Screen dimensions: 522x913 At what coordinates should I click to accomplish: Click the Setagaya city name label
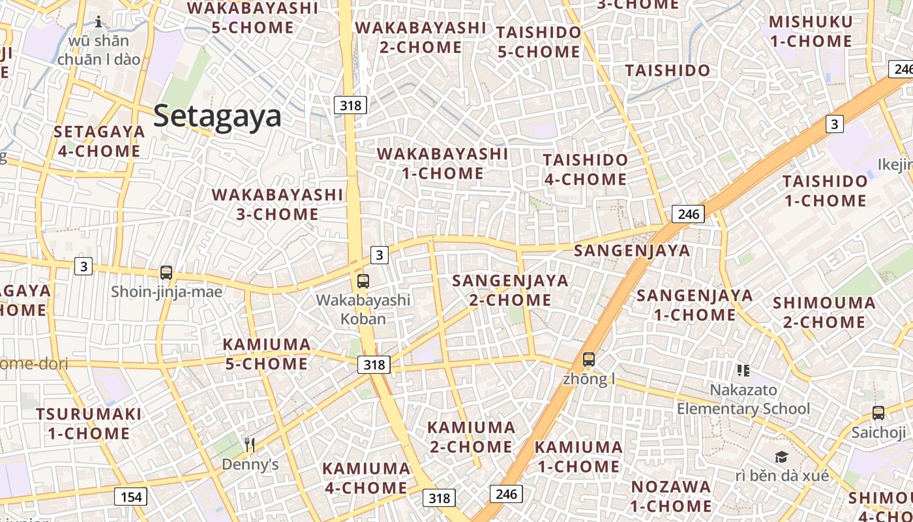click(217, 116)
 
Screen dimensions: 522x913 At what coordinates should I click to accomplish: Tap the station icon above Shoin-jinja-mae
click(166, 273)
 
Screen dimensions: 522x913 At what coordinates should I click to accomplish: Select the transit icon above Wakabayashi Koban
click(363, 281)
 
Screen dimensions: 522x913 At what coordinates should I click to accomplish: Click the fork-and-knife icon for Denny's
click(250, 445)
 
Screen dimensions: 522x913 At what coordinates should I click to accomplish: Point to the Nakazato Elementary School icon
click(743, 371)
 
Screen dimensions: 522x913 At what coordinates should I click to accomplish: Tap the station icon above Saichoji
click(878, 412)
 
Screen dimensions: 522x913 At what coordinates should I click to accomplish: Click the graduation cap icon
click(781, 457)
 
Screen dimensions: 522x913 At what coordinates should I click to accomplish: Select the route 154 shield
click(130, 497)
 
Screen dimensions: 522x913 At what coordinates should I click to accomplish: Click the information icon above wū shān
click(98, 22)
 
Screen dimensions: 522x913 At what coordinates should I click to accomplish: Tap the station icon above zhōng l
click(589, 359)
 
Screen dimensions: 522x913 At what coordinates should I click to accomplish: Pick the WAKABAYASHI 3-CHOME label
click(277, 204)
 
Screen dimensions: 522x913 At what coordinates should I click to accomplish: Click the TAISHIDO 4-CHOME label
click(585, 169)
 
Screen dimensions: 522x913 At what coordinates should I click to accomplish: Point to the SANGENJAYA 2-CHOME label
click(510, 290)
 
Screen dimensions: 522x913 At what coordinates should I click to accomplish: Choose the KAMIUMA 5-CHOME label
click(267, 354)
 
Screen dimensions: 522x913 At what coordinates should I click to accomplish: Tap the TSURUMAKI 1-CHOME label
click(89, 423)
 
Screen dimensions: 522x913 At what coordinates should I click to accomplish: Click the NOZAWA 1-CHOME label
click(671, 496)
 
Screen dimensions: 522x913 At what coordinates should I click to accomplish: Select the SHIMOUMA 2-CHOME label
click(824, 312)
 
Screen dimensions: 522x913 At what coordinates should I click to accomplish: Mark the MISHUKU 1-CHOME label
click(811, 31)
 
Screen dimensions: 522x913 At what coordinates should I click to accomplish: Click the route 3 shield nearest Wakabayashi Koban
click(380, 254)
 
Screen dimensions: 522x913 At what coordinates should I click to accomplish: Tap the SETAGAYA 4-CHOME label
click(99, 141)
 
